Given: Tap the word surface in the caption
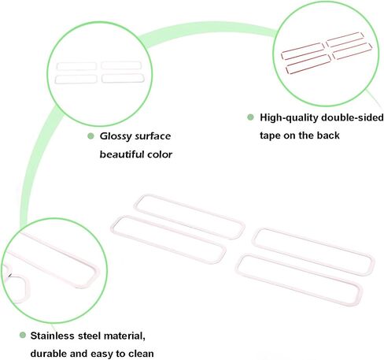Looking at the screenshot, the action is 153,136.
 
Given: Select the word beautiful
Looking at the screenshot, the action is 122,154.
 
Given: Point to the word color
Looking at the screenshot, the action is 160,154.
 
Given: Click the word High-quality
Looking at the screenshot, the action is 289,118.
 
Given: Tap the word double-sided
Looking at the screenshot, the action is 353,117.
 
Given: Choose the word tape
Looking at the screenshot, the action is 270,135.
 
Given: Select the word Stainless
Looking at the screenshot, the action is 52,336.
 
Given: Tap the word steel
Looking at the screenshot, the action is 89,336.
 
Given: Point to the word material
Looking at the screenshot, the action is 124,336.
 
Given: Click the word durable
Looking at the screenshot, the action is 49,354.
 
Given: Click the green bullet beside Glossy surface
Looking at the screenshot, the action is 90,136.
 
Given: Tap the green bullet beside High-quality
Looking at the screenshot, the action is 250,117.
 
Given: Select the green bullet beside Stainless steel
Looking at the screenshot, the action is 23,335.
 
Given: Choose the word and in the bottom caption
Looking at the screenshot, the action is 79,354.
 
